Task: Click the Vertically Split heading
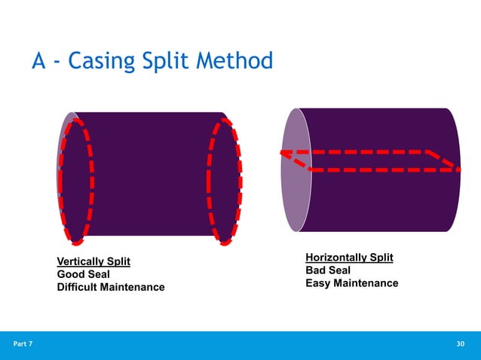93,261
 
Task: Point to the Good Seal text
83,274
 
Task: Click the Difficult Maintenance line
110,287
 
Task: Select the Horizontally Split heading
349,258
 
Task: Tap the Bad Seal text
327,270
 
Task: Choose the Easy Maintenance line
351,283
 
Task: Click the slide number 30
461,344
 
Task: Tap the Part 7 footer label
23,344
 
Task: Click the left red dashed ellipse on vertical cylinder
77,181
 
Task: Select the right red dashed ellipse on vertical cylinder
224,181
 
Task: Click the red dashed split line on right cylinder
369,152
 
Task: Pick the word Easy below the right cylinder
317,283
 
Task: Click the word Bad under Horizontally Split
316,270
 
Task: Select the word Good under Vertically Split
71,274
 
